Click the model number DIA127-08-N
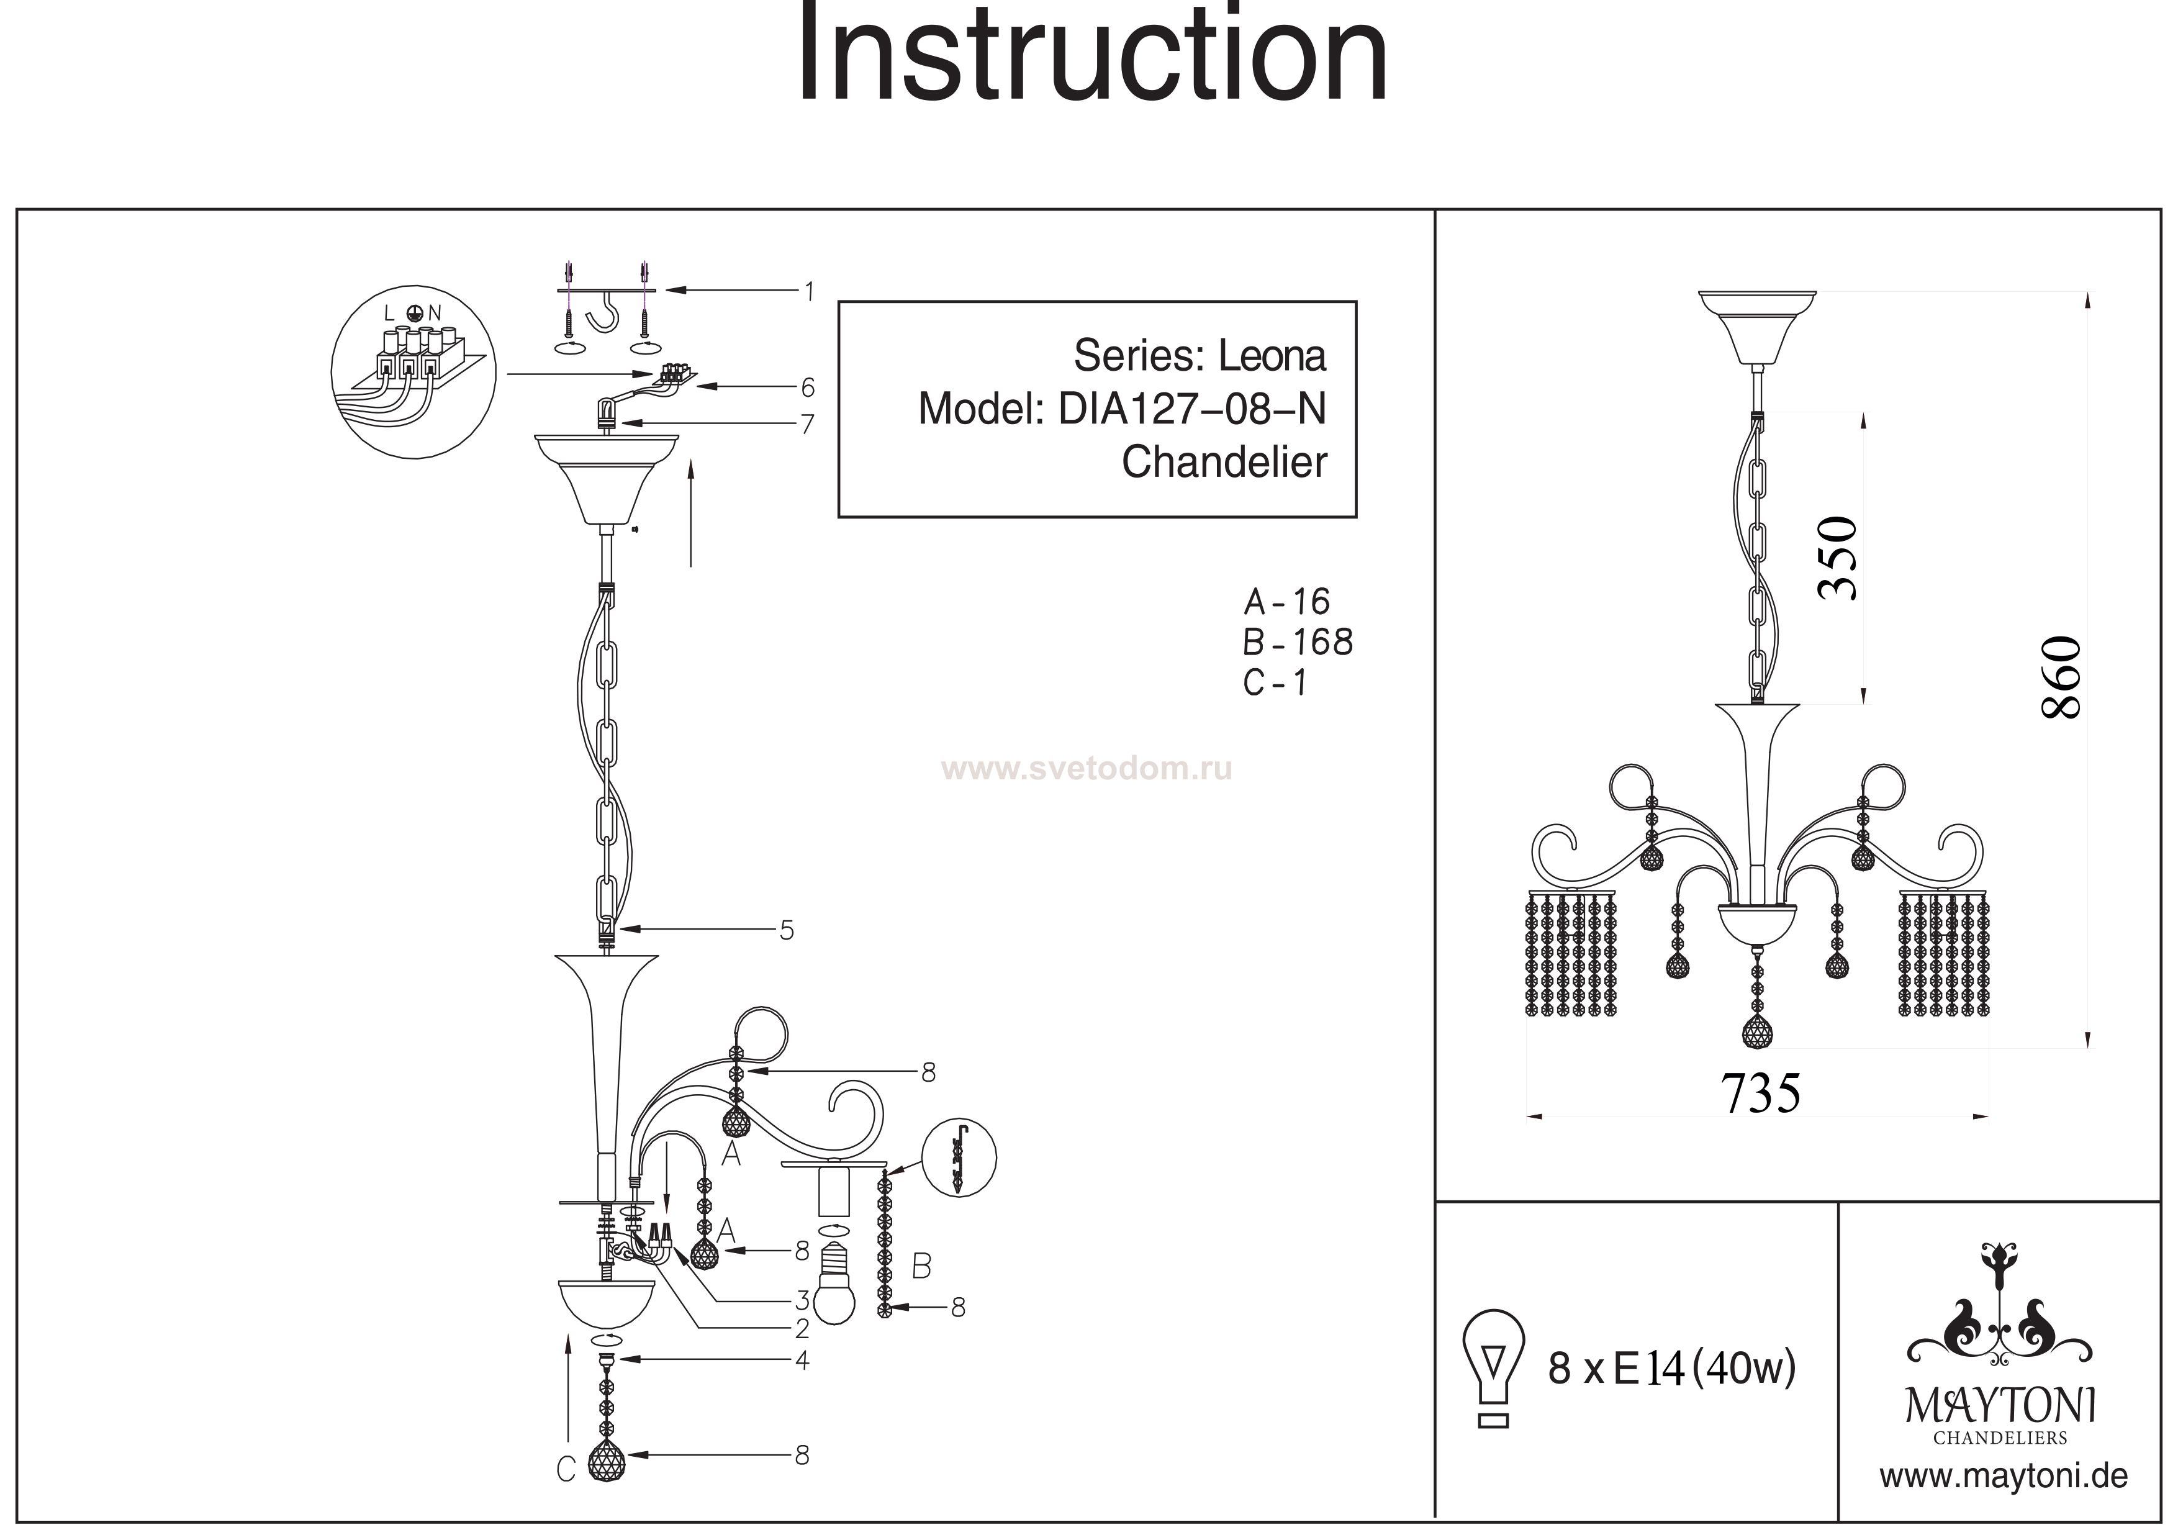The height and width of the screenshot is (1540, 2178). [1191, 409]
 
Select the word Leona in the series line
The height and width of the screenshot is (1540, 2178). [1272, 356]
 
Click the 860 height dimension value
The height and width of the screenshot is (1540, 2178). [2063, 677]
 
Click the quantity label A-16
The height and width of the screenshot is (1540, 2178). [1286, 602]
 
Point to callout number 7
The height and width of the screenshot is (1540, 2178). [807, 424]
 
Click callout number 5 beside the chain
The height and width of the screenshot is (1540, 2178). [787, 931]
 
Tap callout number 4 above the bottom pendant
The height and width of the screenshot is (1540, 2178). [803, 1361]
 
